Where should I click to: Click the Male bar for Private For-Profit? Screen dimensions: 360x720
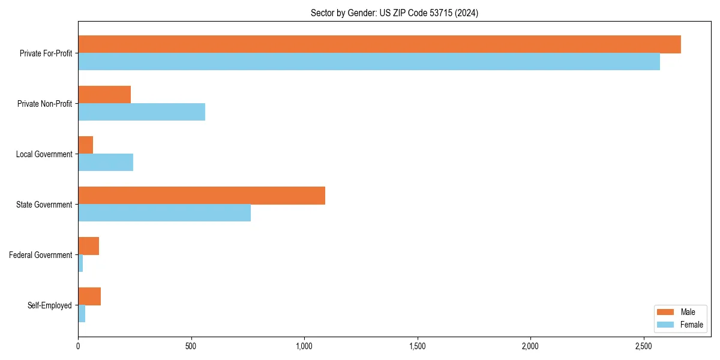click(379, 44)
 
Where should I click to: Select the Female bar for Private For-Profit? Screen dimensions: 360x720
click(369, 62)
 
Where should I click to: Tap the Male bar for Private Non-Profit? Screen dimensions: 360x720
click(104, 95)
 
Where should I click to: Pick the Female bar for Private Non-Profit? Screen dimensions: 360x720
click(142, 112)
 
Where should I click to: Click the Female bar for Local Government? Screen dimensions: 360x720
click(106, 163)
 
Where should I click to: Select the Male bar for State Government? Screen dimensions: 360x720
click(202, 196)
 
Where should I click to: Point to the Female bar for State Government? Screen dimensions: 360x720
click(164, 213)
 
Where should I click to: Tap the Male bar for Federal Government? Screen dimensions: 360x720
click(88, 246)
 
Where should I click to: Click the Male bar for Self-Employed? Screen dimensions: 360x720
click(89, 296)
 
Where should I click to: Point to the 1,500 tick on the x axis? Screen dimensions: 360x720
click(418, 347)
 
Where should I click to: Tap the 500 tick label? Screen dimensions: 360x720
click(191, 347)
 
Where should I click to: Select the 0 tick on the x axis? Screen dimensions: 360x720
click(78, 347)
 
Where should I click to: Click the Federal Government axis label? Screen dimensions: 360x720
click(41, 255)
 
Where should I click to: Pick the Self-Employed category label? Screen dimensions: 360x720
click(50, 305)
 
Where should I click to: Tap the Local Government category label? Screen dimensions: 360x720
click(44, 154)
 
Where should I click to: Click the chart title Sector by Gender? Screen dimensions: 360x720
click(394, 13)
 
